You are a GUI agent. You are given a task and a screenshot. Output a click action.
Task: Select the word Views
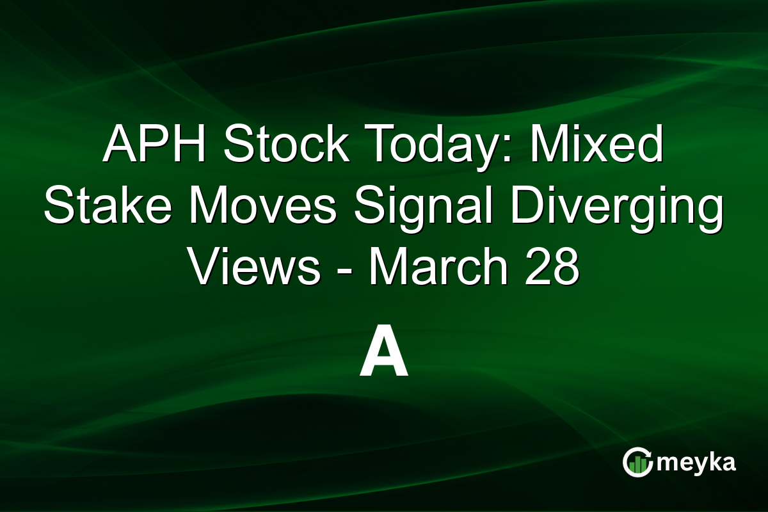click(x=255, y=269)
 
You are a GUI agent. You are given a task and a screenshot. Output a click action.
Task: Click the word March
click(x=440, y=269)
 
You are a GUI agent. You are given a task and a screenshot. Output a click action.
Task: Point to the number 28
click(x=554, y=269)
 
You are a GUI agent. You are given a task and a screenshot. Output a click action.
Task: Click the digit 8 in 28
click(x=566, y=269)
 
